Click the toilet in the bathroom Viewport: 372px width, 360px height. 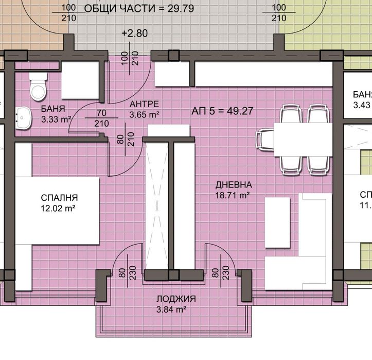(38, 88)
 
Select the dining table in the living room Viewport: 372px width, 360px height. (302, 139)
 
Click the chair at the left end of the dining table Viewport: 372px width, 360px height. (265, 139)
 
